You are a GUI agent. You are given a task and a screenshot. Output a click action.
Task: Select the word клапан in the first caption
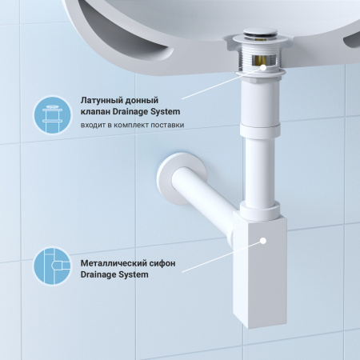[x=98, y=111]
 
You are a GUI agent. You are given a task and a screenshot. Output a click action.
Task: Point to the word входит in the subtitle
[x=94, y=126]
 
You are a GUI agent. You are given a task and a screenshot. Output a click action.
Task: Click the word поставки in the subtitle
[x=166, y=126]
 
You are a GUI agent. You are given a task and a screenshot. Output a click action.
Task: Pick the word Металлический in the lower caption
[x=115, y=262]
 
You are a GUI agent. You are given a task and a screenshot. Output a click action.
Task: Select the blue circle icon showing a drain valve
[x=52, y=114]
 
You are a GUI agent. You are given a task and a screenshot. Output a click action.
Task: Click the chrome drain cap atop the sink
[x=259, y=37]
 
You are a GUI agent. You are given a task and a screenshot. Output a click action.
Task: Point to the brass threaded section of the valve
[x=258, y=61]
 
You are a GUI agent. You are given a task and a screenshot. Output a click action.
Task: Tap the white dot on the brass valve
[x=258, y=67]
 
